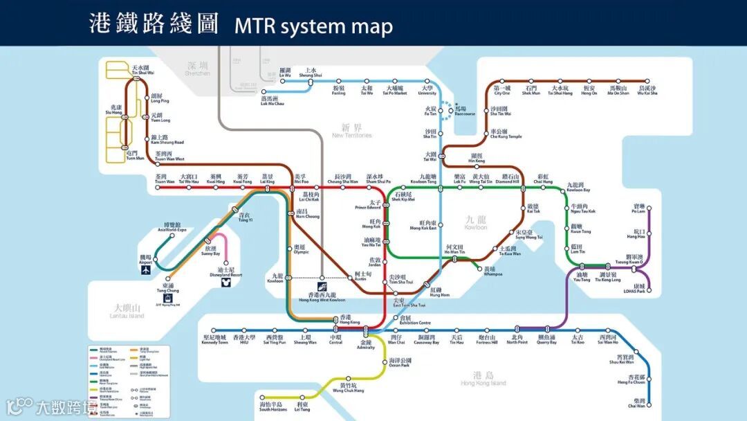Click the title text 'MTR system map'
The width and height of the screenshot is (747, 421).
click(x=313, y=26)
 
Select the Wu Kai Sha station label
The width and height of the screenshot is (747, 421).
click(x=647, y=91)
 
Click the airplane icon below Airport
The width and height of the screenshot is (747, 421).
click(x=146, y=270)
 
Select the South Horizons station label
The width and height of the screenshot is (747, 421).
click(x=271, y=406)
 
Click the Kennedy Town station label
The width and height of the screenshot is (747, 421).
click(x=214, y=340)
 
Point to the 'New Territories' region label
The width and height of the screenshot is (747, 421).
click(x=351, y=131)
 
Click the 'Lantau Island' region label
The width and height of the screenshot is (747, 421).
click(x=127, y=312)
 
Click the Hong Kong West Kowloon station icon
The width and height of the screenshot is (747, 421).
click(x=322, y=286)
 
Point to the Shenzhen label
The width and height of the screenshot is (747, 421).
click(x=197, y=69)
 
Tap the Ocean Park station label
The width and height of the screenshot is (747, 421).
click(x=400, y=362)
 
